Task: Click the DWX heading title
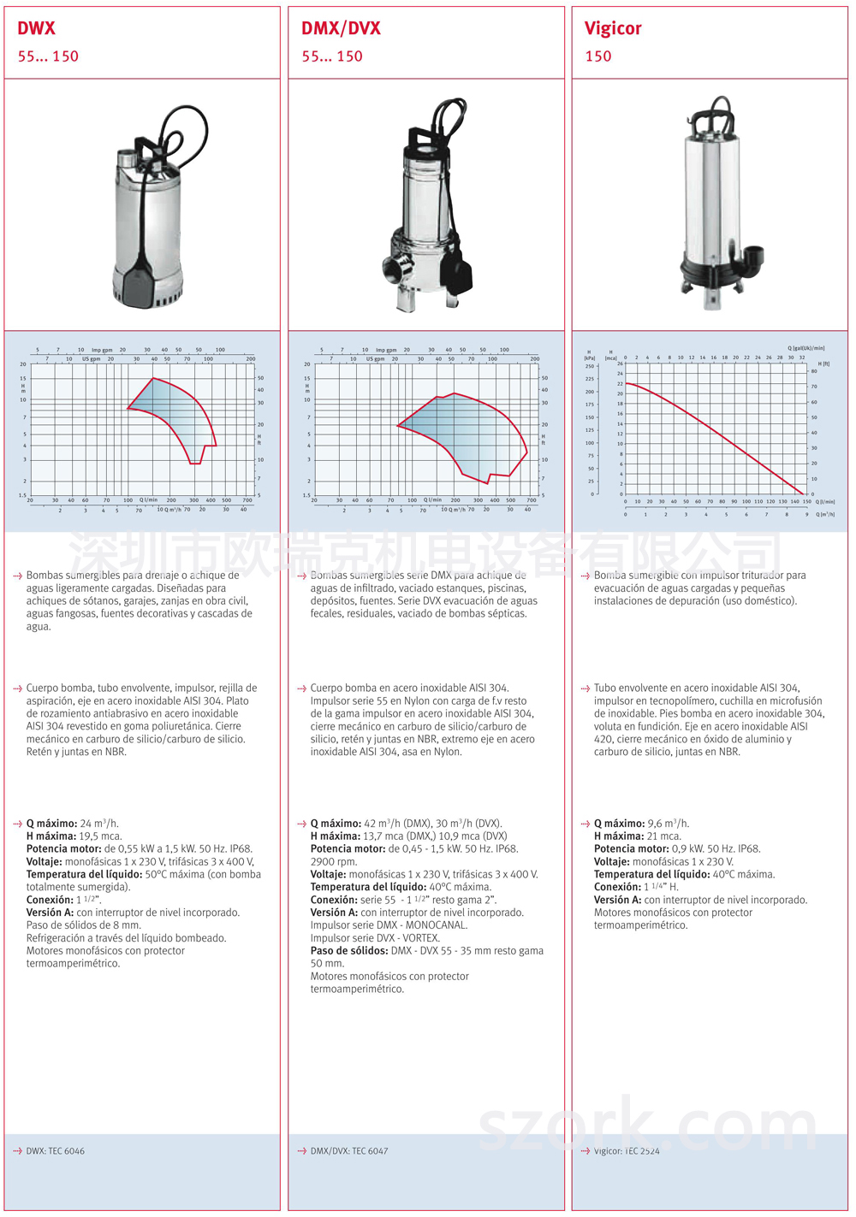(x=37, y=28)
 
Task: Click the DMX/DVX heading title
(x=341, y=28)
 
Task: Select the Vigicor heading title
(x=613, y=28)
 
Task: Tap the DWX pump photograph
(x=154, y=210)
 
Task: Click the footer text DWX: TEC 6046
(x=55, y=1151)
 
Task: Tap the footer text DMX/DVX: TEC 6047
(x=348, y=1151)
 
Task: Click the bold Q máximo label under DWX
(x=51, y=824)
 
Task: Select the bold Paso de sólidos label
(x=348, y=951)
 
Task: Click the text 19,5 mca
(x=100, y=836)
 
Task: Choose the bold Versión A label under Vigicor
(x=617, y=900)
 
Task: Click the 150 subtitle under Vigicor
(x=598, y=56)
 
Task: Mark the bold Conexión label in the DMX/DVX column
(x=334, y=900)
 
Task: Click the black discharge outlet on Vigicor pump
(x=753, y=255)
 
